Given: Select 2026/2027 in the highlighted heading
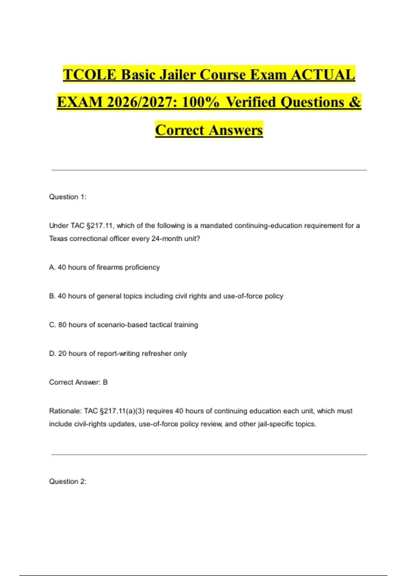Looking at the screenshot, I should (141, 102).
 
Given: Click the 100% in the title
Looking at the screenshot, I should (200, 102).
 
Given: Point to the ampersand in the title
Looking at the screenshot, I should (355, 102).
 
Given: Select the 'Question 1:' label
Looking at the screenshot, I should (68, 197).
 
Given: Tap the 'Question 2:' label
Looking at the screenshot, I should (68, 481).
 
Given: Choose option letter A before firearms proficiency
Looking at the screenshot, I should (52, 267).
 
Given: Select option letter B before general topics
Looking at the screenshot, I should (52, 296).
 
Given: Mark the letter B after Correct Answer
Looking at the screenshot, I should (105, 382).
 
